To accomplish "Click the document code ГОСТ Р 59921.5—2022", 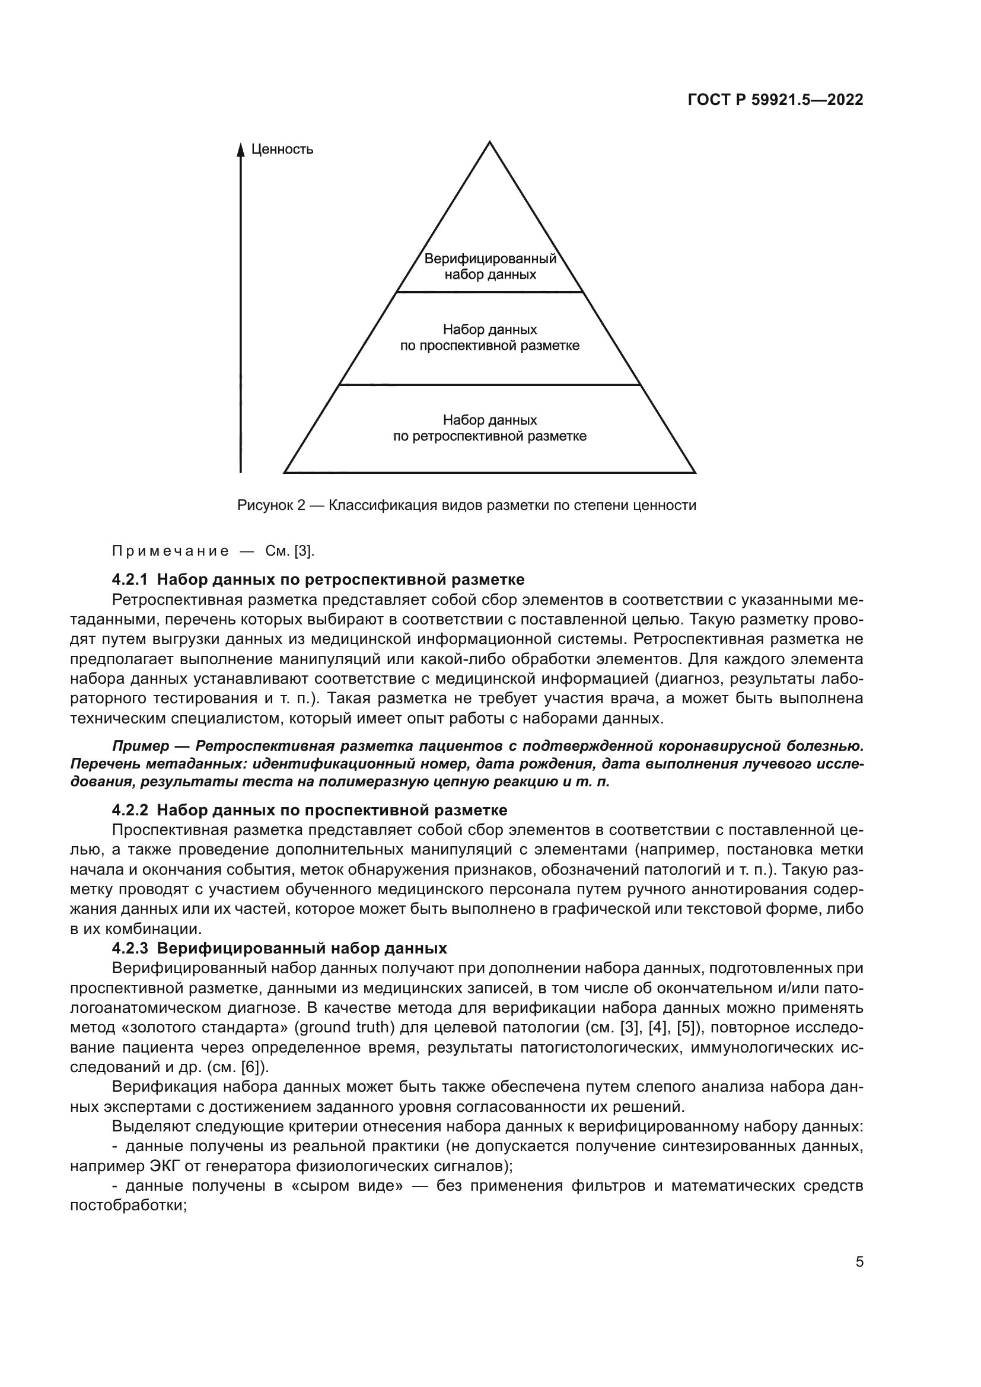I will click(x=775, y=100).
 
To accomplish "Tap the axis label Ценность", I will click(x=282, y=149).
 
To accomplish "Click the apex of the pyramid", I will click(x=489, y=142).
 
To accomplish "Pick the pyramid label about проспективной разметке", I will click(x=490, y=337).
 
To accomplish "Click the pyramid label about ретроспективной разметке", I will click(x=490, y=428).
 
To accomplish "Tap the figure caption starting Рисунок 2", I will click(x=466, y=505).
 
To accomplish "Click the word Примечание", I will click(x=171, y=551).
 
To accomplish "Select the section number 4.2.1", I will click(x=129, y=579).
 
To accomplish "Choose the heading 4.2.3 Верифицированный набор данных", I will click(x=279, y=948).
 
